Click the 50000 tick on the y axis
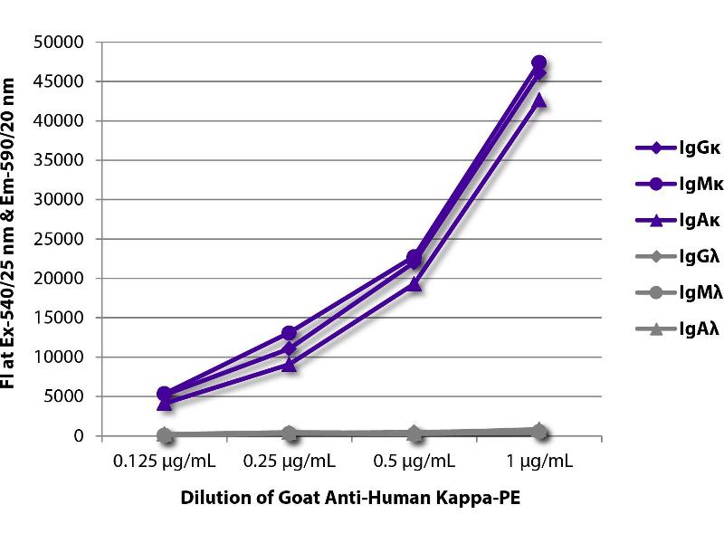pyautogui.click(x=60, y=43)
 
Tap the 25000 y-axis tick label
pyautogui.click(x=60, y=239)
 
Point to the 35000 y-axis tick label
pyautogui.click(x=60, y=160)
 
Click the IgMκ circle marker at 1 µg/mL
pyautogui.click(x=538, y=62)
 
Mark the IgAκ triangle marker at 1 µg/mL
pyautogui.click(x=538, y=100)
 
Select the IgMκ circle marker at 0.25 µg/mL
pyautogui.click(x=290, y=333)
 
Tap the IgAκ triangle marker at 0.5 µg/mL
pyautogui.click(x=414, y=284)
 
